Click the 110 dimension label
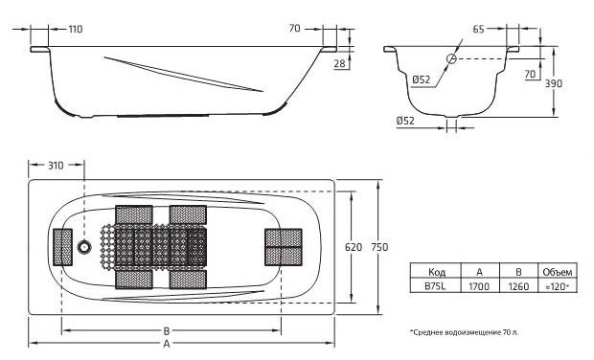point(76,29)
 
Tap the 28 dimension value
point(340,63)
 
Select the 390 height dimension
point(554,83)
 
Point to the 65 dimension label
point(478,29)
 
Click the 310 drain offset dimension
point(56,166)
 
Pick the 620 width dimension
point(354,247)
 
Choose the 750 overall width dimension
point(379,247)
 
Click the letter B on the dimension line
point(167,331)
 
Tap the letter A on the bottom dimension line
point(167,344)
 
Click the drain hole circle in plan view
point(84,247)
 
